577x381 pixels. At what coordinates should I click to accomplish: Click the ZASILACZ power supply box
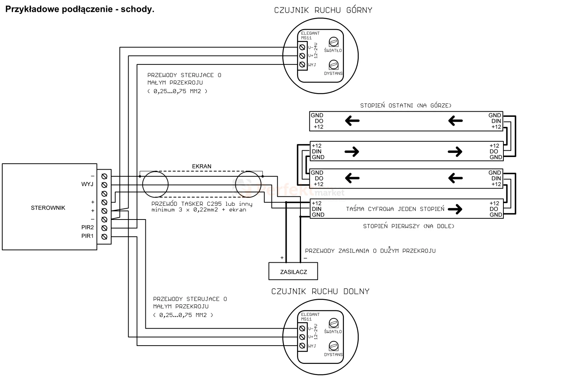tap(293, 271)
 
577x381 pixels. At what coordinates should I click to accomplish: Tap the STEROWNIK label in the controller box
tap(48, 208)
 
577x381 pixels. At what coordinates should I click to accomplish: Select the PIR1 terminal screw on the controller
tap(104, 237)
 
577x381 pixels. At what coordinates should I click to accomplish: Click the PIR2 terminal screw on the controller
tap(104, 228)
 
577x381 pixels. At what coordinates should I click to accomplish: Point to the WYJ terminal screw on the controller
tap(104, 185)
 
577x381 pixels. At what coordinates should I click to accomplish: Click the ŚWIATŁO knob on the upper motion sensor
tap(333, 42)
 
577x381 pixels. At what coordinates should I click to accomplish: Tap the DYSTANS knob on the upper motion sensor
tap(333, 65)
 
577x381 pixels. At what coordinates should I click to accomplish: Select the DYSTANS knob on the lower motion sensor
tap(333, 346)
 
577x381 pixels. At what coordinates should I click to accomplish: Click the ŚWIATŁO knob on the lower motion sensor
tap(333, 323)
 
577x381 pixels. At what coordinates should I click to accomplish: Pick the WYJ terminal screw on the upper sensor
tap(302, 64)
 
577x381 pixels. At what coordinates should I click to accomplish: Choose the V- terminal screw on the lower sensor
tap(302, 329)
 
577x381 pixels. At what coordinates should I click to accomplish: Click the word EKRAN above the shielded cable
tap(202, 166)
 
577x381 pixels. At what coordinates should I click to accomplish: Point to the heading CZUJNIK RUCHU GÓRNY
tap(323, 10)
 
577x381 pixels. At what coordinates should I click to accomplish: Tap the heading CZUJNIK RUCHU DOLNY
tap(320, 291)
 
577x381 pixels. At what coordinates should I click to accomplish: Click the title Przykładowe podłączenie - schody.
tap(80, 9)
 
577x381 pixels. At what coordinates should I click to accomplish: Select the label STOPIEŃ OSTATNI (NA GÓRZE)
tap(406, 105)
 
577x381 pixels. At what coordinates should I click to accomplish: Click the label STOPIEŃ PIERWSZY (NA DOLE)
tap(409, 226)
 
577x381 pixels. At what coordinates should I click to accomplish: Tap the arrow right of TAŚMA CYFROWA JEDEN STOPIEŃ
tap(455, 209)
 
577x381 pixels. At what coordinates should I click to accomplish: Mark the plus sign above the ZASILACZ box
tap(282, 257)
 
